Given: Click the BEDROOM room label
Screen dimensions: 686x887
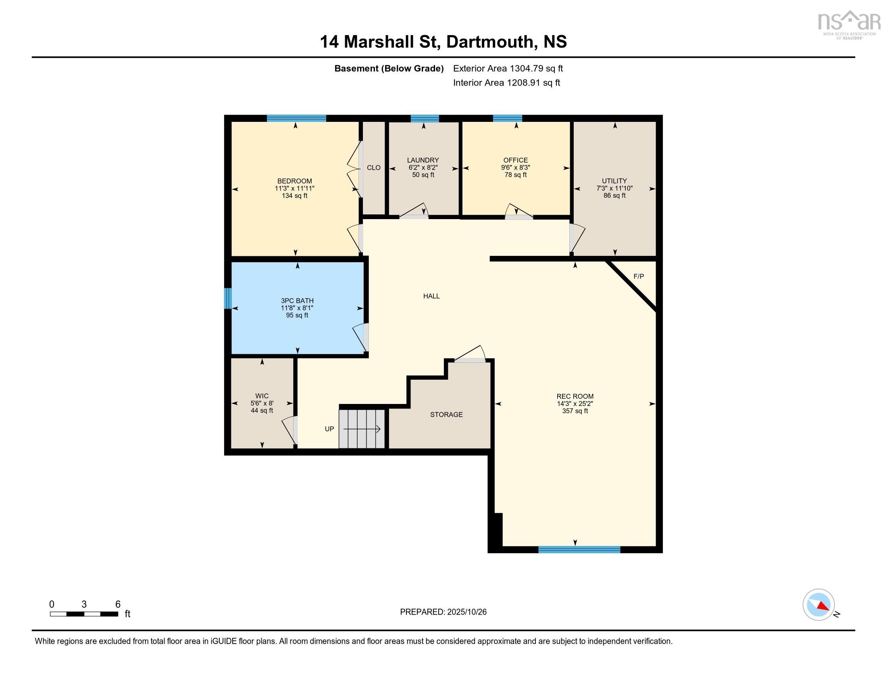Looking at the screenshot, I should [294, 181].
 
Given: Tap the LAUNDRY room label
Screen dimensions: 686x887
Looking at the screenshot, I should [423, 160].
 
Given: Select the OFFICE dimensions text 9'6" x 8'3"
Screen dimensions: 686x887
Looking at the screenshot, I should [515, 167].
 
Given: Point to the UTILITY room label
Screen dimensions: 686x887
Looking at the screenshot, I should [614, 181].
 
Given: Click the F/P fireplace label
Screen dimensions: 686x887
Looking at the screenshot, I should [639, 276].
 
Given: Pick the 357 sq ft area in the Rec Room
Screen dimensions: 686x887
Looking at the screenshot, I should [575, 411].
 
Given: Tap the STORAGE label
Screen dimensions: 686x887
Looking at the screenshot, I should [446, 414].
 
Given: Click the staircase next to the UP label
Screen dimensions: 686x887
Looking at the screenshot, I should [362, 429].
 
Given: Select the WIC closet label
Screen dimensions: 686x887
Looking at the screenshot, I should [262, 396].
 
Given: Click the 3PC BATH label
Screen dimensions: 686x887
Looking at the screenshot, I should [297, 301].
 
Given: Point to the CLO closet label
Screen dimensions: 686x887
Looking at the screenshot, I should [373, 167].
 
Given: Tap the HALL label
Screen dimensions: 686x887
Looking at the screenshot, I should [431, 296].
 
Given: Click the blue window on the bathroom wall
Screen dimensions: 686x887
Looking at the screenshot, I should [228, 298].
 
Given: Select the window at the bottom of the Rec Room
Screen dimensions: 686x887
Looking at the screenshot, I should [579, 550].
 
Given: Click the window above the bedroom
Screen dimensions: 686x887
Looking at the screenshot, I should [296, 118].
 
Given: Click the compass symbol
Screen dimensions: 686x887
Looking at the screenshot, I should [818, 604].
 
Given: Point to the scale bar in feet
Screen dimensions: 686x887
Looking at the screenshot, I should [84, 614].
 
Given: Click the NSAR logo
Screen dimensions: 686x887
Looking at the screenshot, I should [848, 24].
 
